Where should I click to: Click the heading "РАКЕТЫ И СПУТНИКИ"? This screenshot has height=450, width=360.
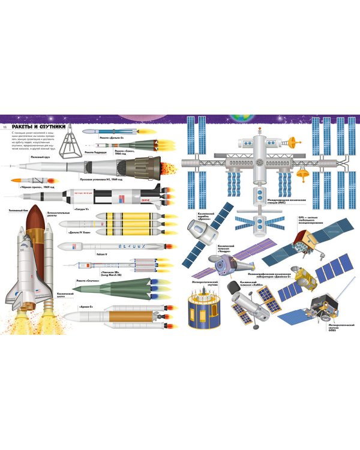coord(39,127)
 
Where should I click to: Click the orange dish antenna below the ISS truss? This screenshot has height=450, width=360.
coord(302,175)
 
